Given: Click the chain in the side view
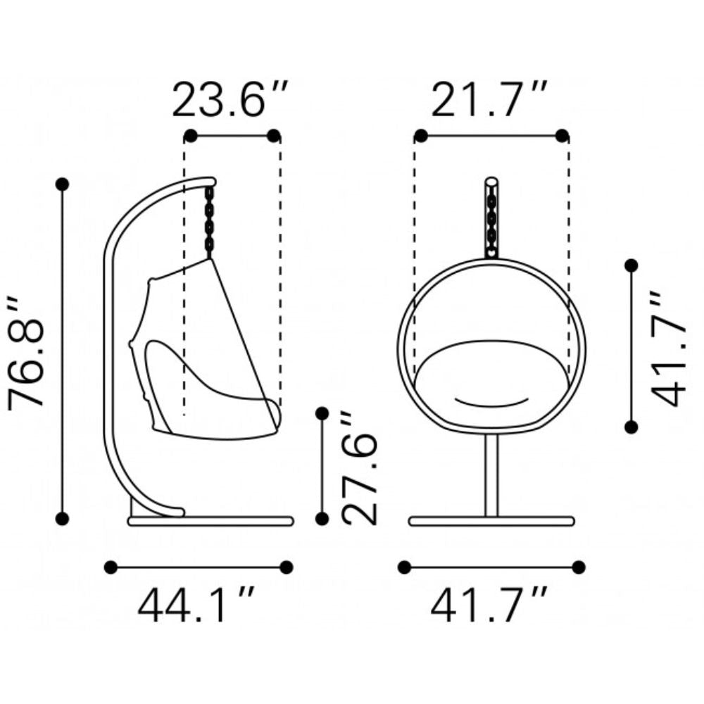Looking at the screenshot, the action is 209,219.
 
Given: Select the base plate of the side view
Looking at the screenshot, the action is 210,521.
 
